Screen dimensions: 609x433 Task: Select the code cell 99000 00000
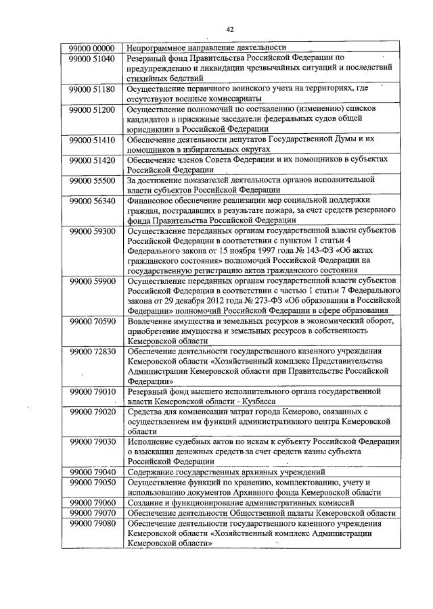coord(91,49)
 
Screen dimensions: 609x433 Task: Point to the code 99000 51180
coord(91,89)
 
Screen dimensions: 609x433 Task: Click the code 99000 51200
coord(91,108)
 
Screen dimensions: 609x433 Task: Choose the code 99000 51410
coord(91,139)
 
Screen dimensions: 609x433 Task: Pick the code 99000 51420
coord(91,159)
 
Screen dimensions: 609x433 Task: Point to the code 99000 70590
coord(91,320)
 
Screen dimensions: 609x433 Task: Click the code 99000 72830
coord(91,351)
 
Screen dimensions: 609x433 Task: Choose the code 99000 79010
coord(91,390)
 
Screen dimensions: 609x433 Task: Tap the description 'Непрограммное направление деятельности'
coord(206,49)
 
